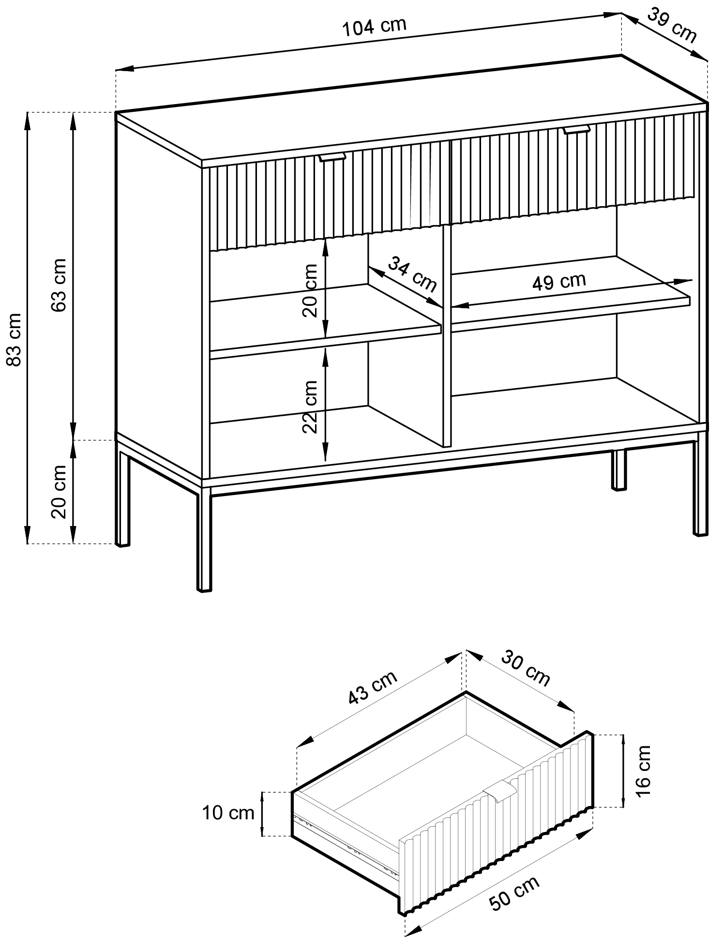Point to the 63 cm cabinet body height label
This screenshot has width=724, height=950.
(59, 285)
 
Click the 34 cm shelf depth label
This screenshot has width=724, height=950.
(412, 274)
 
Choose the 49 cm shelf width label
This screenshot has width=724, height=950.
(558, 281)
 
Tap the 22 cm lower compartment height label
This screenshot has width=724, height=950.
(310, 407)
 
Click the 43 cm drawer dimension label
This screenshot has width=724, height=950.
(373, 687)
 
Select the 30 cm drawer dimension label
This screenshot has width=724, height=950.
(526, 669)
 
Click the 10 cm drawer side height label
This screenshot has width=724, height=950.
(228, 813)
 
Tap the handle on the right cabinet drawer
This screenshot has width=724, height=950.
(576, 129)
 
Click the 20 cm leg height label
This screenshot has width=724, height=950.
(59, 492)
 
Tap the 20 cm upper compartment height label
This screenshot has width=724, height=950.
(310, 290)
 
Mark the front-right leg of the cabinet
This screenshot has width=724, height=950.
(700, 484)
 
